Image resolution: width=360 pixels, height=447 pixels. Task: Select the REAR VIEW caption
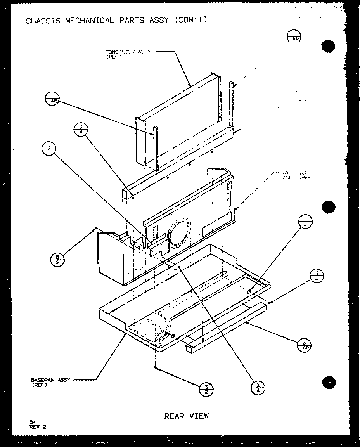coord(187,416)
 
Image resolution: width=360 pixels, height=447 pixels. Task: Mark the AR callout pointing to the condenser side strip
coord(52,99)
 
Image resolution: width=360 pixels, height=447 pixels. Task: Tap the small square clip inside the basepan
coord(250,290)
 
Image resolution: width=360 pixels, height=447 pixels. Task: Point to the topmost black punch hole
coord(328,46)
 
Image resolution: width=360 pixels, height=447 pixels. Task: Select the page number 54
coord(31,421)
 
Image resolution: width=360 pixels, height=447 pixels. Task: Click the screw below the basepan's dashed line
coord(156,367)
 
